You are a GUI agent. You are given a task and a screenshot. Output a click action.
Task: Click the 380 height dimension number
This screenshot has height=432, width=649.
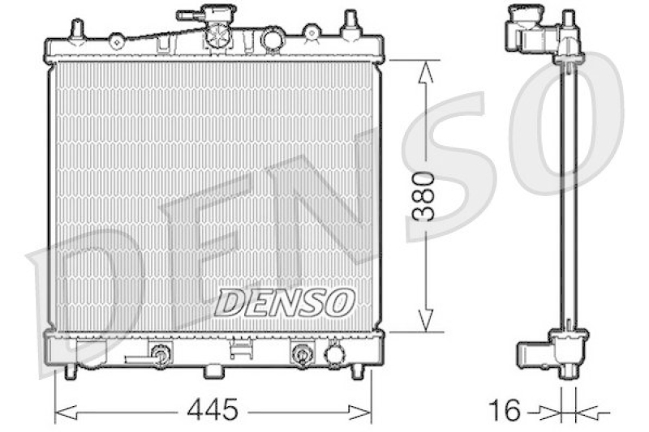tap(424, 196)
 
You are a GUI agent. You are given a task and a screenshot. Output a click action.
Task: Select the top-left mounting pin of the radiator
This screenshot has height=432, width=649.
tap(77, 30)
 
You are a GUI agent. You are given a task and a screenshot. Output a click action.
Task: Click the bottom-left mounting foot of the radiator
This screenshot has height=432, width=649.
tap(71, 370)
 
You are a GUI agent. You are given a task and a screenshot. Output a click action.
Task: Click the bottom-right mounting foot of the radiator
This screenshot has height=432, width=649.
tap(357, 370)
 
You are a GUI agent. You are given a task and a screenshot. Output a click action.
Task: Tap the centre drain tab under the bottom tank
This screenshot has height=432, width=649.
tap(213, 370)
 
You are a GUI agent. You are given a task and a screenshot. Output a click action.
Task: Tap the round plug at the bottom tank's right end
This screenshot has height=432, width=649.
tap(334, 353)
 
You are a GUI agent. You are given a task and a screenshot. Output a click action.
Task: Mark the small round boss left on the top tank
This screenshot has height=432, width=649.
tap(116, 40)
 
